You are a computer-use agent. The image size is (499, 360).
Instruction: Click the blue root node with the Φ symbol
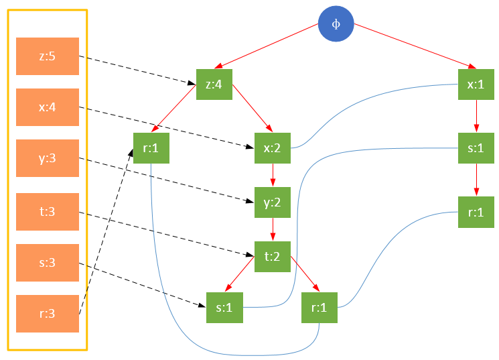pyautogui.click(x=336, y=23)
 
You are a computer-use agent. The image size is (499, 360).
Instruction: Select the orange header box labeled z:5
pyautogui.click(x=47, y=56)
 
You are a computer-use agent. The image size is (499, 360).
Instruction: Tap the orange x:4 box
pyautogui.click(x=47, y=107)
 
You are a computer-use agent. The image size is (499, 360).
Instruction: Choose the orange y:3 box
pyautogui.click(x=47, y=159)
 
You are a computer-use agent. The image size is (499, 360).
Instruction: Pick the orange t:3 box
pyautogui.click(x=47, y=212)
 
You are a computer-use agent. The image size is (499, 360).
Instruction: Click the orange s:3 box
pyautogui.click(x=47, y=263)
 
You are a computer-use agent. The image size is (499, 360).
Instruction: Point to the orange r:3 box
pyautogui.click(x=47, y=314)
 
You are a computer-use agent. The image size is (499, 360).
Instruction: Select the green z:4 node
pyautogui.click(x=214, y=84)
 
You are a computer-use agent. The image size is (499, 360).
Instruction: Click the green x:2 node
pyautogui.click(x=272, y=147)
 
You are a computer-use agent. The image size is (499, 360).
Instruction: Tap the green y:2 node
pyautogui.click(x=272, y=202)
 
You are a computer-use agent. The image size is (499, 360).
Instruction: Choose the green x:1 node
pyautogui.click(x=476, y=84)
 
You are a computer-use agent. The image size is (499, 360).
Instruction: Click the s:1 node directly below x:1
pyautogui.click(x=476, y=147)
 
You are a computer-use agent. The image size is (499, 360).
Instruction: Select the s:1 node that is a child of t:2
pyautogui.click(x=224, y=307)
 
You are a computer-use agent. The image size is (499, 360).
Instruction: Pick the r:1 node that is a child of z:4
pyautogui.click(x=151, y=147)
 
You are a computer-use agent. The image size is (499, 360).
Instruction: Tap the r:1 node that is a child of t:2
pyautogui.click(x=319, y=307)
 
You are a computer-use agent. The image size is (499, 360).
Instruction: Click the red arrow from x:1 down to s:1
pyautogui.click(x=476, y=116)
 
